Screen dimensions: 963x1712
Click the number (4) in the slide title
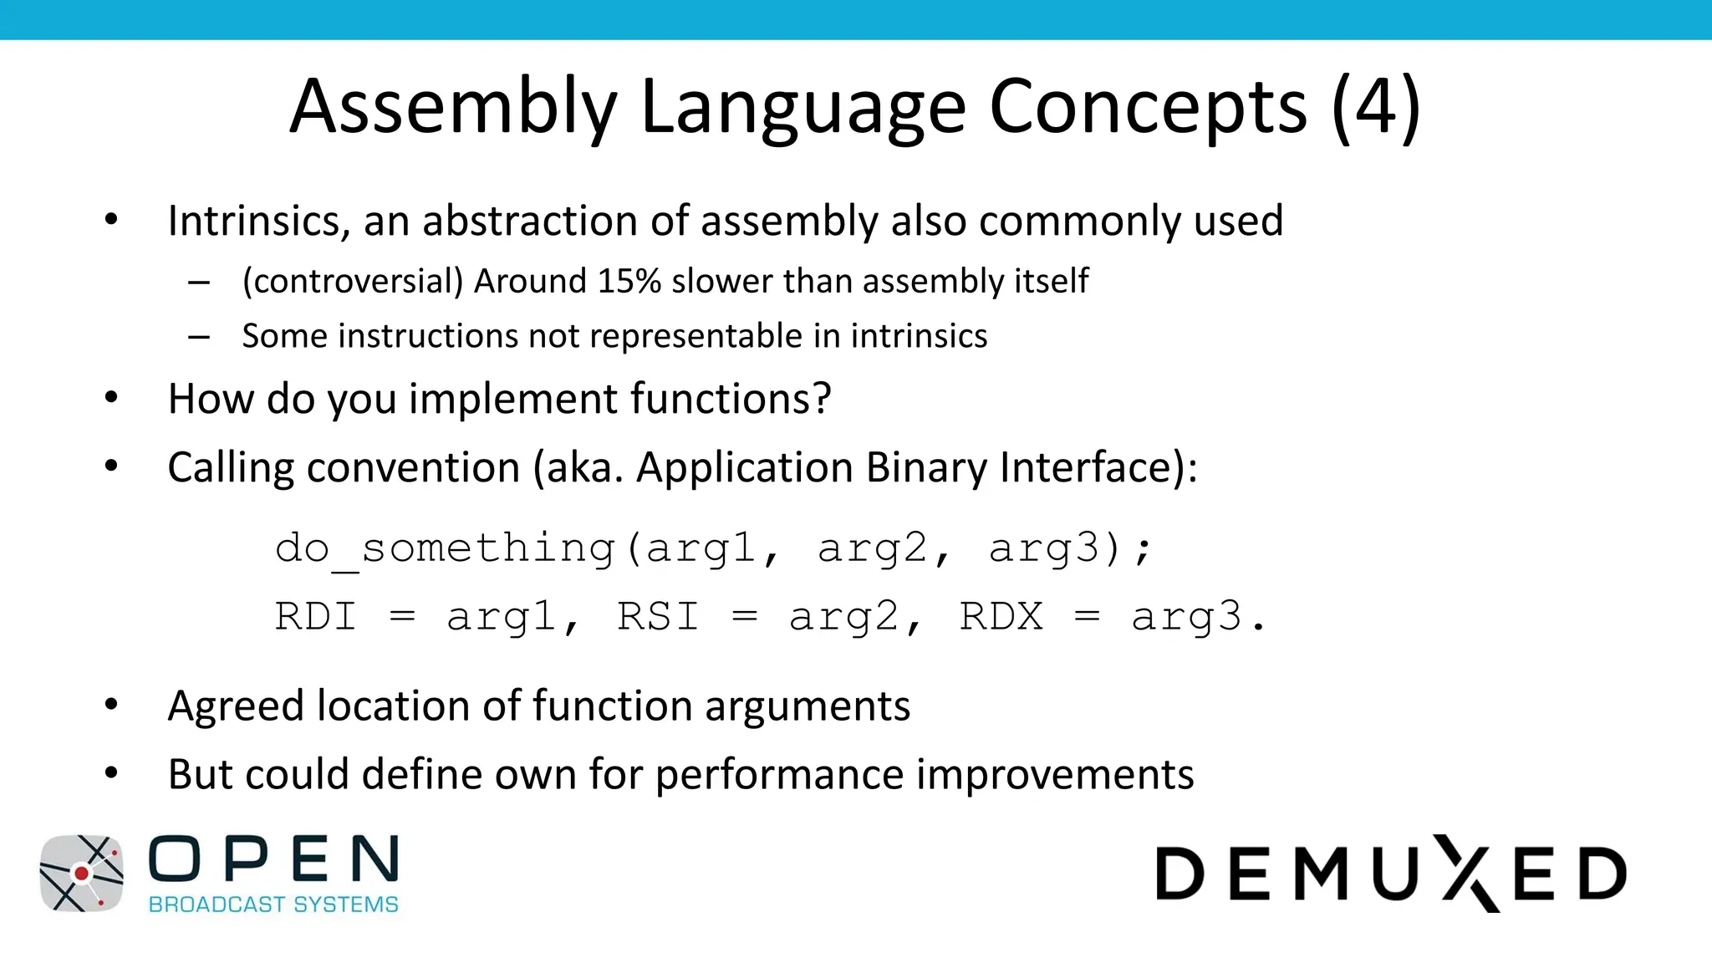(1375, 107)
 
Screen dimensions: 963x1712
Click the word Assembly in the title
(452, 107)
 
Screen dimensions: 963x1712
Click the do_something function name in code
(446, 549)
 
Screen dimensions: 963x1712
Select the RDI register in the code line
(316, 617)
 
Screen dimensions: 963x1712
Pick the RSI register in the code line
(658, 617)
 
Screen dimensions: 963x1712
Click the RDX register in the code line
(1001, 617)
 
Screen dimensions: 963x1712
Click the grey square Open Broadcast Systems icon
(81, 874)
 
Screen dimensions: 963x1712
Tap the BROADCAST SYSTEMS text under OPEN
(273, 904)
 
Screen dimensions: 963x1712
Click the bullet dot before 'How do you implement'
(111, 398)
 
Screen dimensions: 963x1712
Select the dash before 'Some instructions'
(199, 337)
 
